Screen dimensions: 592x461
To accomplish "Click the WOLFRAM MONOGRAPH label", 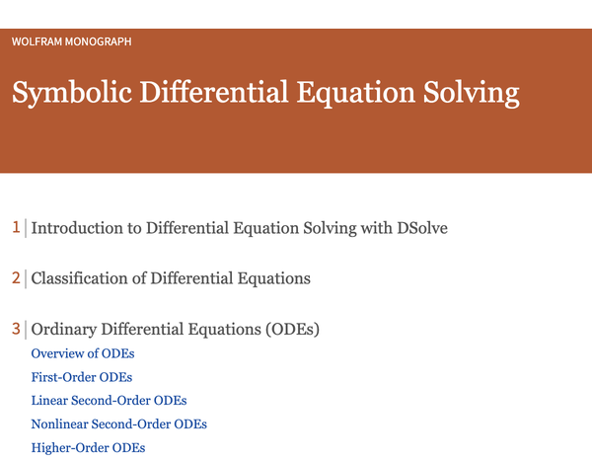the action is pyautogui.click(x=71, y=41).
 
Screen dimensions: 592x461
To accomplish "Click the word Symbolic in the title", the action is pyautogui.click(x=72, y=93).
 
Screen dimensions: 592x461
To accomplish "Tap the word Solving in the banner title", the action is pyautogui.click(x=472, y=93).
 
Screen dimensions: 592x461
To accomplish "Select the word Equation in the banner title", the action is pyautogui.click(x=355, y=93).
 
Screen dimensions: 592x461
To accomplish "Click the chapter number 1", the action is pyautogui.click(x=16, y=227).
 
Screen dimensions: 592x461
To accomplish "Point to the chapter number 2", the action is pyautogui.click(x=16, y=278).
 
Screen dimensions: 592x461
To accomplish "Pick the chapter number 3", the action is pyautogui.click(x=16, y=329).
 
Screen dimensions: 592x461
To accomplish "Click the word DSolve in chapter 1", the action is pyautogui.click(x=422, y=228).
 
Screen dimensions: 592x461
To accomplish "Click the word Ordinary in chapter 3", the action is pyautogui.click(x=64, y=329).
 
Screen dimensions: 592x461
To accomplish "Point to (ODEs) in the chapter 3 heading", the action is pyautogui.click(x=292, y=329).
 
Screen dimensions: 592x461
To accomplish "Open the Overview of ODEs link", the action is pyautogui.click(x=83, y=353).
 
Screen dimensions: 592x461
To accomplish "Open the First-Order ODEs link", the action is pyautogui.click(x=82, y=377).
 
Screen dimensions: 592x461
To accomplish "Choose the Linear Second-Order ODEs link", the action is pyautogui.click(x=110, y=401).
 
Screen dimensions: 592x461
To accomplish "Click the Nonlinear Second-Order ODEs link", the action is pyautogui.click(x=119, y=423).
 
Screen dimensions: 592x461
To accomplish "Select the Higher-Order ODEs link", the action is pyautogui.click(x=89, y=448).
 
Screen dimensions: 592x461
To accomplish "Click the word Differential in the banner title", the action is pyautogui.click(x=214, y=93).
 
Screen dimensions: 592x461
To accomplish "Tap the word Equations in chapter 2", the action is pyautogui.click(x=273, y=278).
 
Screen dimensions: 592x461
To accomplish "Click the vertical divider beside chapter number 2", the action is pyautogui.click(x=26, y=278).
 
